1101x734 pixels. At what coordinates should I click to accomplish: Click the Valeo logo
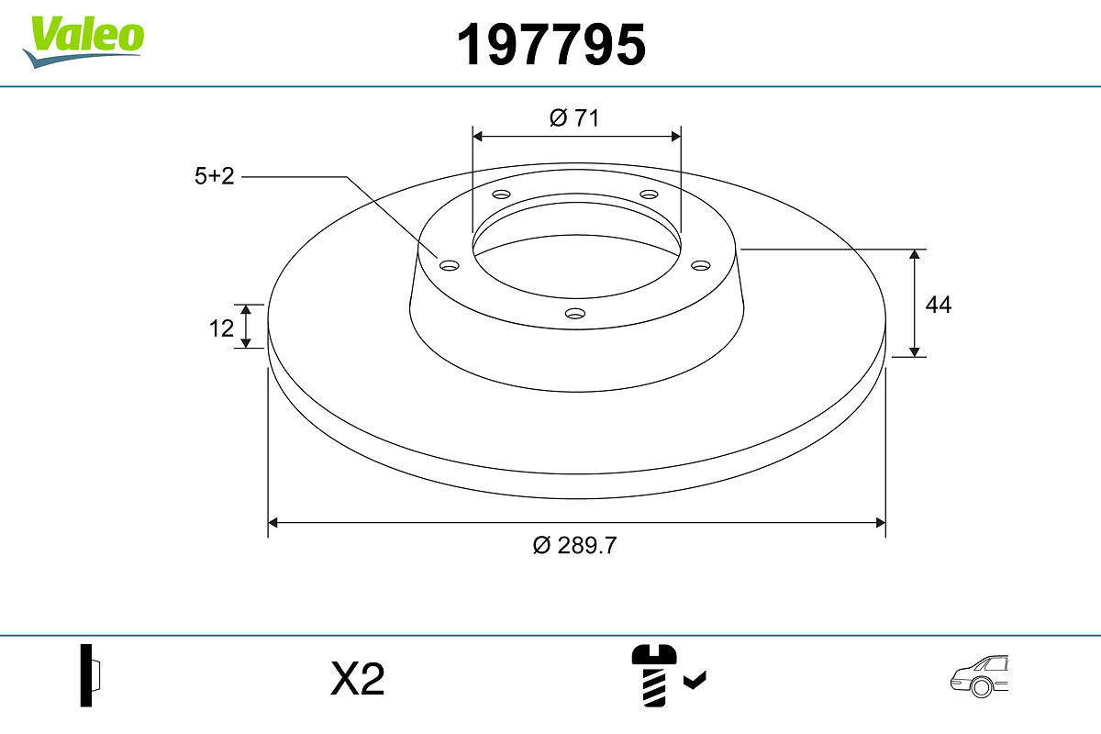[x=83, y=42]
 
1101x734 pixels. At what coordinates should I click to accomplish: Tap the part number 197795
[x=551, y=45]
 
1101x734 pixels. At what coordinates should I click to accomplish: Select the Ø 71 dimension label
[x=574, y=118]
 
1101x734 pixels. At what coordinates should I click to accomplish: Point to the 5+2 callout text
[x=215, y=176]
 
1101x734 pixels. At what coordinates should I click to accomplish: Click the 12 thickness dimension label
[x=221, y=328]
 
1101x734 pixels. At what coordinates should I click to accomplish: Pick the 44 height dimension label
[x=939, y=305]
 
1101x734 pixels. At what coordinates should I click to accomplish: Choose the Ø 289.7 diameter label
[x=574, y=546]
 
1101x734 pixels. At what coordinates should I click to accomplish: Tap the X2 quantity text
[x=357, y=679]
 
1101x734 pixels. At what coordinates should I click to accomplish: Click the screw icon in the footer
[x=653, y=675]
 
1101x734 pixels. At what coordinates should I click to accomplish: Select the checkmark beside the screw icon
[x=695, y=680]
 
